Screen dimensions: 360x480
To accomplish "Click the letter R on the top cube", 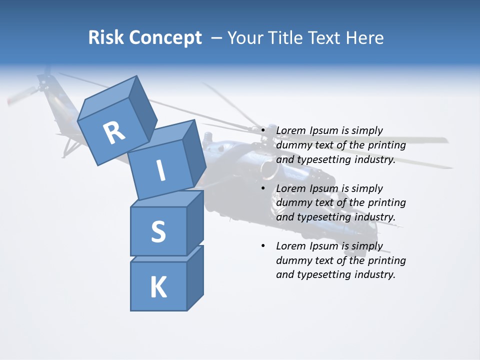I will tap(114, 132).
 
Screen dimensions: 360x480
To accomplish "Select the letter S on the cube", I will tap(158, 231).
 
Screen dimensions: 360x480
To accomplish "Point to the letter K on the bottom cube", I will tap(158, 287).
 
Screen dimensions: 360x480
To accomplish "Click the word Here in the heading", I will tap(366, 37).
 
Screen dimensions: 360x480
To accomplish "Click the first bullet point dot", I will tap(263, 130).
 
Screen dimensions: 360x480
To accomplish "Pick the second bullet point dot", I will tap(263, 188).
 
